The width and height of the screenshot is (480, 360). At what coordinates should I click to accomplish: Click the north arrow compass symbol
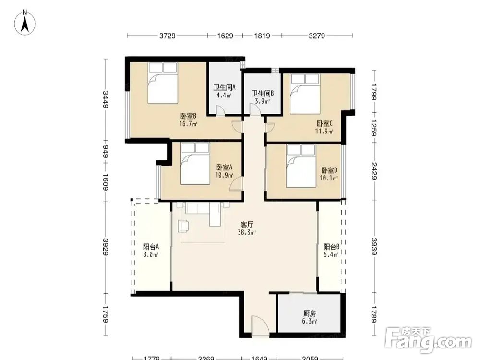[25, 22]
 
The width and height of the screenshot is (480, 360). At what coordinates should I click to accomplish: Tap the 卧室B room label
[188, 116]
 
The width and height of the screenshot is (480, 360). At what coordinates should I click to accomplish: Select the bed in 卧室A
[195, 163]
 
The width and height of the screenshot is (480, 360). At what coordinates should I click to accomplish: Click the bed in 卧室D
[300, 166]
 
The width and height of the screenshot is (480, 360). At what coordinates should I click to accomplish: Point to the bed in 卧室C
[305, 94]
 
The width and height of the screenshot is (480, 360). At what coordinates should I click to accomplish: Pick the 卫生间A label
[224, 87]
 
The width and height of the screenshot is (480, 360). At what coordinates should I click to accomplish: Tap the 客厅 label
[247, 224]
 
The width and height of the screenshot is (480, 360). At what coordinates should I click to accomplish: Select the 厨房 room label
[310, 313]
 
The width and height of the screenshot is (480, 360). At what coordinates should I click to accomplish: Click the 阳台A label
[151, 246]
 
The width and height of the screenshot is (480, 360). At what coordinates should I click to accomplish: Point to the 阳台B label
[331, 246]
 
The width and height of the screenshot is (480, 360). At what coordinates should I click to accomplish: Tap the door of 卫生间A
[220, 110]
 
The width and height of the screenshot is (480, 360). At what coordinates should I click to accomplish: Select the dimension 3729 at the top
[168, 36]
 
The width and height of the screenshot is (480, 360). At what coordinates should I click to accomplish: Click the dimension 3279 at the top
[316, 36]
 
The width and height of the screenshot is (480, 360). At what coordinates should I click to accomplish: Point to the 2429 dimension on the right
[374, 171]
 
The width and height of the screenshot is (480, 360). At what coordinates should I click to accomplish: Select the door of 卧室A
[236, 184]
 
